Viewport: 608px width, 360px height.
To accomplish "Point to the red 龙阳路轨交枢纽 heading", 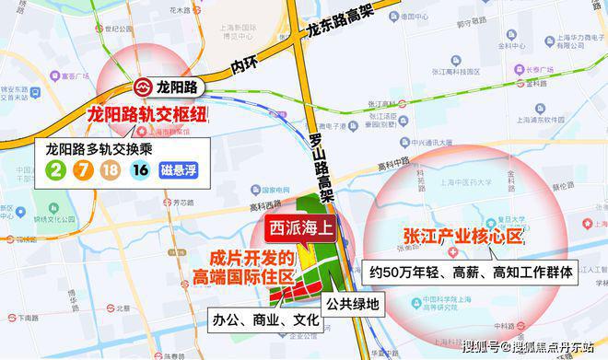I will (146, 116).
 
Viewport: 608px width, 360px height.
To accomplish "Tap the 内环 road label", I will (243, 65).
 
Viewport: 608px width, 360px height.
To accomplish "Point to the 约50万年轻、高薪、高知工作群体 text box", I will (471, 272).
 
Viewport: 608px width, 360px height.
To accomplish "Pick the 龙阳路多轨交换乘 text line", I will (102, 146).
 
